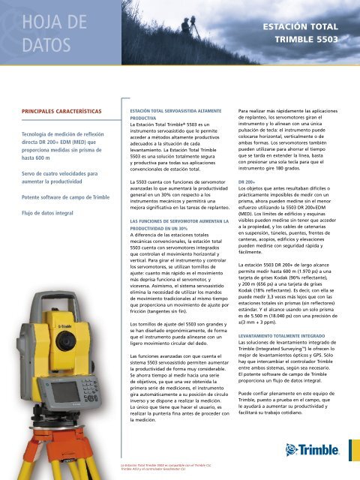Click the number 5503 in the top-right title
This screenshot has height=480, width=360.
coord(331,37)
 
